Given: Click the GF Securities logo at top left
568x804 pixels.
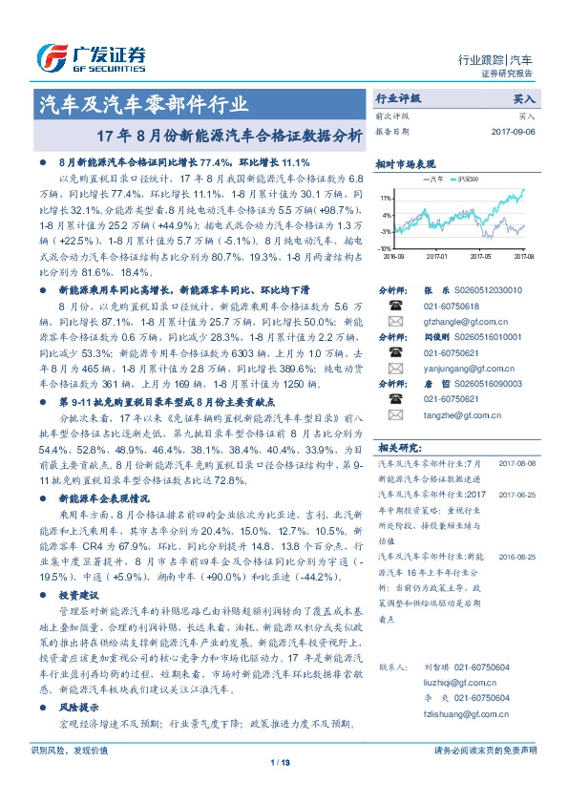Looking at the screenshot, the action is [91, 58].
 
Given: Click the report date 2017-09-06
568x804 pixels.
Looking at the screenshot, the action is [515, 131].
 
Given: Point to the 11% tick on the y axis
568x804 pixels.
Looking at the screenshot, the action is [386, 198].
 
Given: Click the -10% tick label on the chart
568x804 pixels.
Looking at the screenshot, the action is [384, 247].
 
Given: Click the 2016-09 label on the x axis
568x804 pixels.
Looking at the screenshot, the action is [393, 256].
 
